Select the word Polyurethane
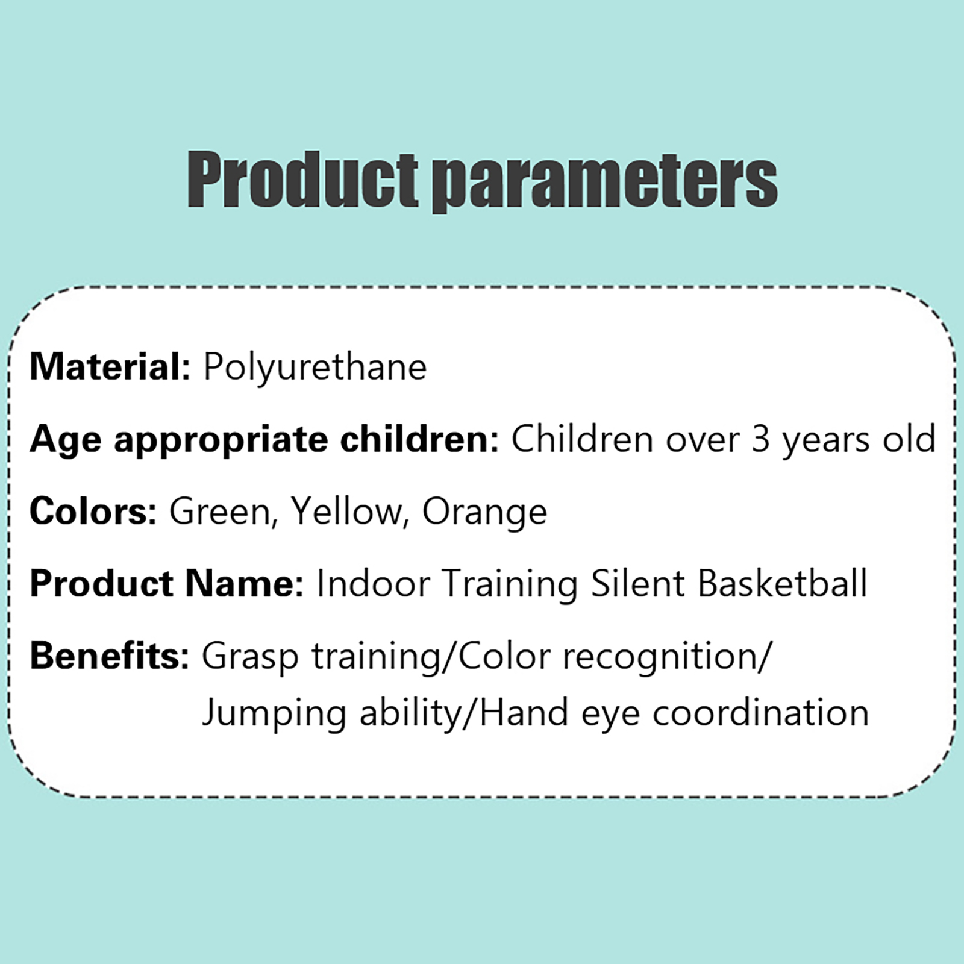point(315,368)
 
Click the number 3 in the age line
point(761,439)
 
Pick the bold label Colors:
point(93,511)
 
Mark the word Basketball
point(783,583)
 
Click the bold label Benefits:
point(110,656)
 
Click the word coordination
point(761,713)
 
